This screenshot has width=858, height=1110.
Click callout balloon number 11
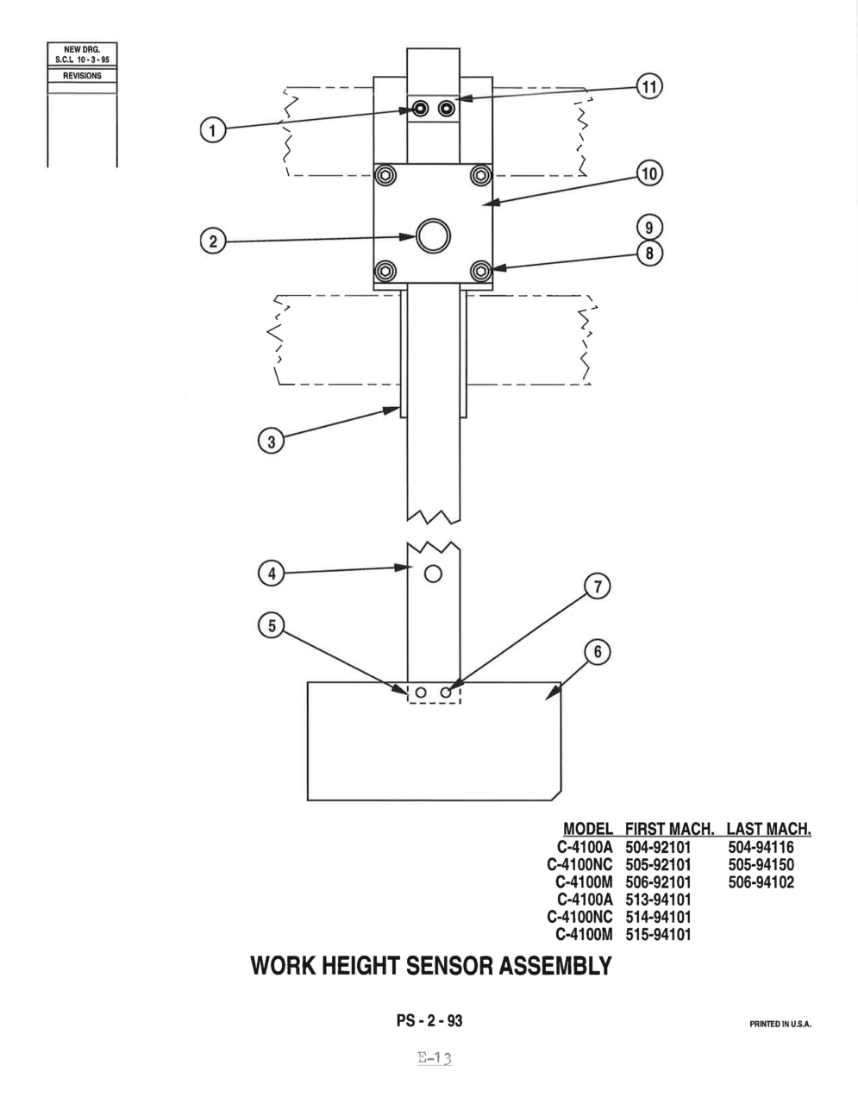tap(649, 86)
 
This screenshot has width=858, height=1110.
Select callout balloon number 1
tap(213, 130)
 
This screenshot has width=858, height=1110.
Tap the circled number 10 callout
tap(649, 173)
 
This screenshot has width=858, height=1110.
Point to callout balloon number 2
tap(213, 241)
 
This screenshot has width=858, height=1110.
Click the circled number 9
tap(649, 228)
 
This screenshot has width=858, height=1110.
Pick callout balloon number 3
tap(271, 441)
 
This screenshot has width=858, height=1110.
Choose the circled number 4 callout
tap(271, 574)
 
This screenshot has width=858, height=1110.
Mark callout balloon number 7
tap(598, 586)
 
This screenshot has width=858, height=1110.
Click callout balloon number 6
tap(598, 652)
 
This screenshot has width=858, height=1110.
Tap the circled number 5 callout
tap(271, 625)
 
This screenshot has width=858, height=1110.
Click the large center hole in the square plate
tap(433, 235)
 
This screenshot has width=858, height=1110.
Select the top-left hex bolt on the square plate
tap(385, 176)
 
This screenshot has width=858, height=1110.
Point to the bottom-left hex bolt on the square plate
tap(385, 271)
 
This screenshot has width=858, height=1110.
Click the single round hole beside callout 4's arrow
tap(433, 574)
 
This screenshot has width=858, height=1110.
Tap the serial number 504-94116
tap(761, 848)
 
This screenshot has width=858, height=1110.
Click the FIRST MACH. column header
tap(669, 829)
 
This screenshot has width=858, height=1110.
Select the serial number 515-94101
tap(658, 934)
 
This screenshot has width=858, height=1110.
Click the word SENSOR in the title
tap(451, 966)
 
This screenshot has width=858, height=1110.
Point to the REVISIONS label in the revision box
tap(82, 76)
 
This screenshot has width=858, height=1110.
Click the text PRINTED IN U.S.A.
tap(780, 1024)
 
